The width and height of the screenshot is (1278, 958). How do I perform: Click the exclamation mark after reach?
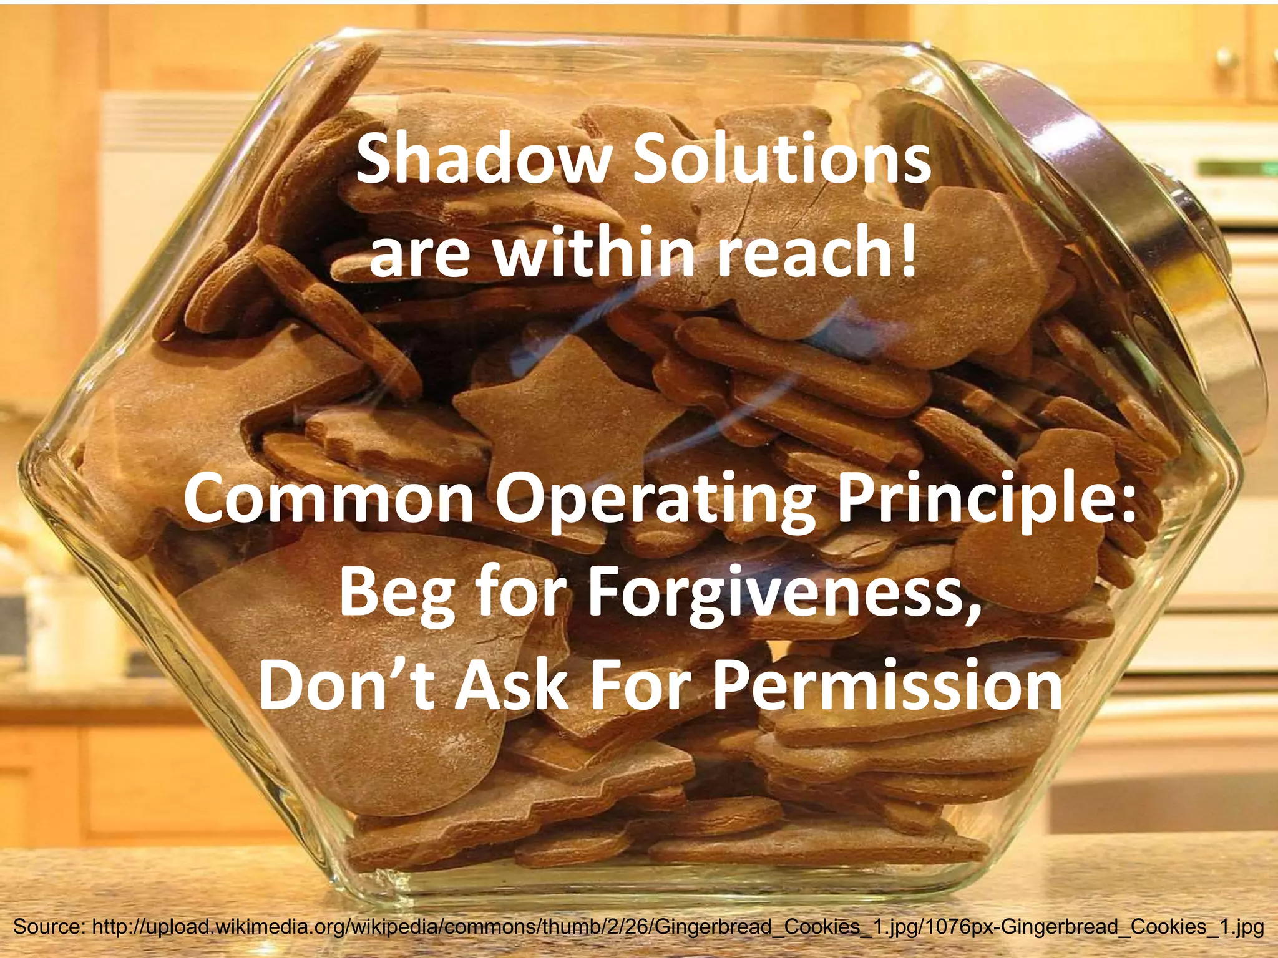(907, 249)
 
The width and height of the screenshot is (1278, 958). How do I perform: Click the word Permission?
(886, 686)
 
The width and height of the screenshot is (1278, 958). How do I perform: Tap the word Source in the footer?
(47, 927)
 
